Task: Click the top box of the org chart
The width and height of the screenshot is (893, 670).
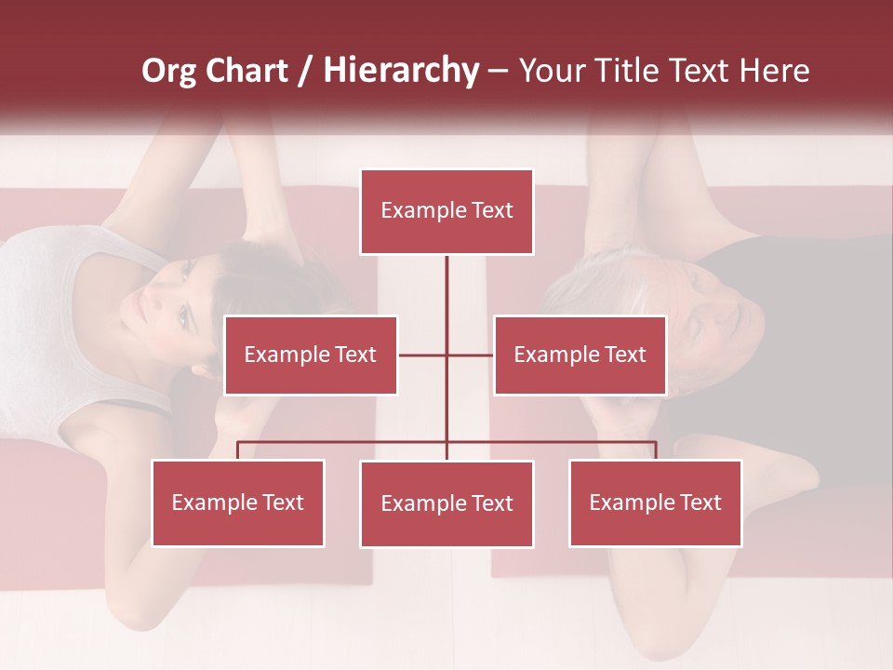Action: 446,211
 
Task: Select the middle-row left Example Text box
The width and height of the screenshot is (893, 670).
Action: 311,355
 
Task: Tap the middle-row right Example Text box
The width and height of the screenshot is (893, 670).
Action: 580,355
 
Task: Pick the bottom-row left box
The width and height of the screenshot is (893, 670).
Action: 238,503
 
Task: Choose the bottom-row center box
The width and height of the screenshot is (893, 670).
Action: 446,504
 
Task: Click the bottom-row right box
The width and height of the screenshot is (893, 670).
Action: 655,503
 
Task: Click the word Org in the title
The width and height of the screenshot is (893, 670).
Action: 170,71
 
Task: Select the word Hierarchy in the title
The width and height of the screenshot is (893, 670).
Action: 400,71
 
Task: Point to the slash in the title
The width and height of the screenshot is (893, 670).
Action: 306,71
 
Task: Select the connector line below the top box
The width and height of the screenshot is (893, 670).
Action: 446,288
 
